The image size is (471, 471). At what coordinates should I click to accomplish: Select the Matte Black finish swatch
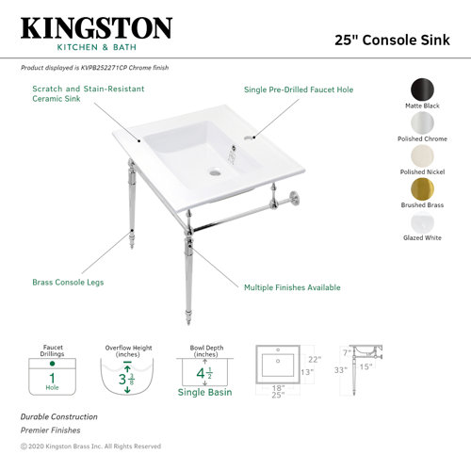pos(423,90)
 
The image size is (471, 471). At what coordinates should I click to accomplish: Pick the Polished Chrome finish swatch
pos(423,123)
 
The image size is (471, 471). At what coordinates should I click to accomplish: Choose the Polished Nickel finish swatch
pos(423,156)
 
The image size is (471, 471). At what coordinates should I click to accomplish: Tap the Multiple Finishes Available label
pos(292,287)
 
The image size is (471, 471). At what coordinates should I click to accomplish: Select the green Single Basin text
pos(204,392)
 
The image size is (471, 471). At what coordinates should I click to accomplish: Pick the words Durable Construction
pos(58,416)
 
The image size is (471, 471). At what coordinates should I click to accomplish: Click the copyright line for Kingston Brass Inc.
pos(90,446)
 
